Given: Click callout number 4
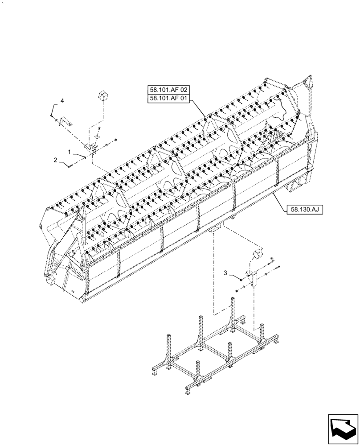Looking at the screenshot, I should click(62, 102).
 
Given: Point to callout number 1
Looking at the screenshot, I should click(70, 152).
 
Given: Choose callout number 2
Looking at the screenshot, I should click(56, 160).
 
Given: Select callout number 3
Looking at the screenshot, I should click(226, 273).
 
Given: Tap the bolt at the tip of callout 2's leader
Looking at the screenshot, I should click(71, 166).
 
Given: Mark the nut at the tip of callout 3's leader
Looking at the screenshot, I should click(241, 279).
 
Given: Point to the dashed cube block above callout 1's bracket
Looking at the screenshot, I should click(104, 95).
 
